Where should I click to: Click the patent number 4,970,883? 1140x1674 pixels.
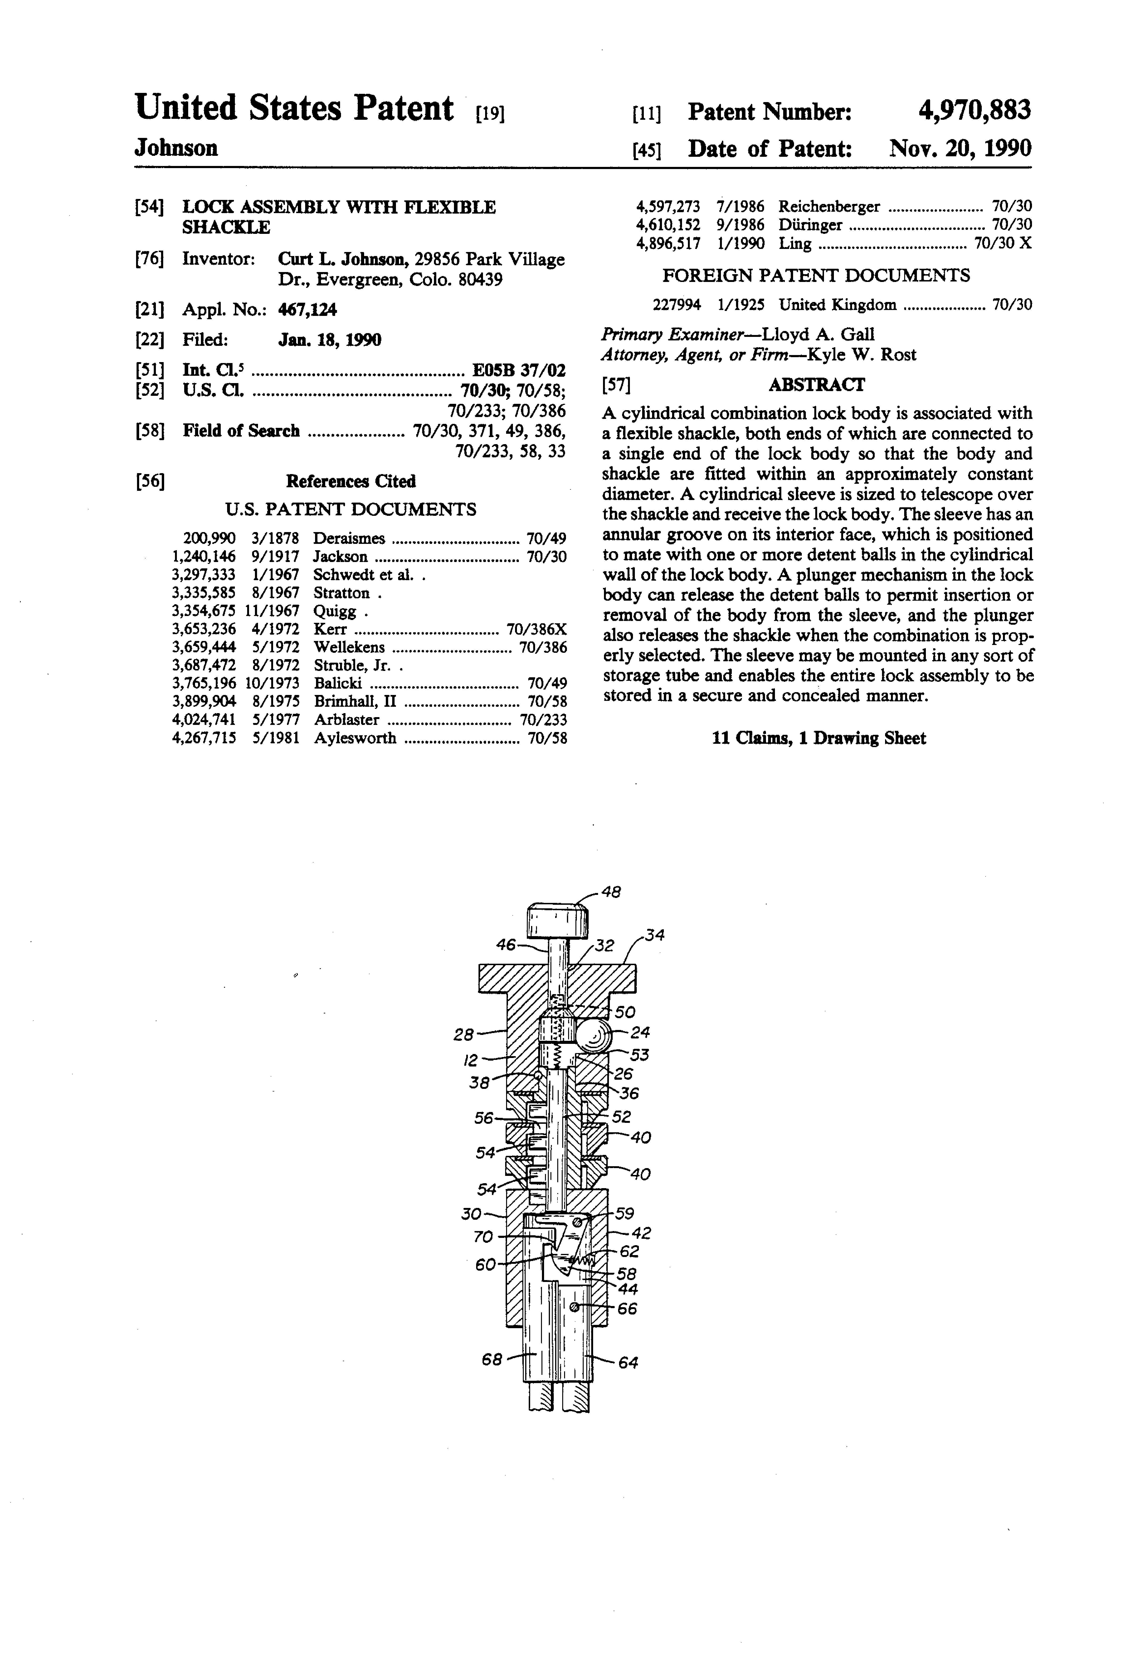pos(974,110)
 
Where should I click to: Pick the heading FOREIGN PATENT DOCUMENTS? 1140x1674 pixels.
pos(816,275)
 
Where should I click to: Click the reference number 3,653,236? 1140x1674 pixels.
pos(204,629)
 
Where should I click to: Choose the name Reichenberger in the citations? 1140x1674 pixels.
pos(829,207)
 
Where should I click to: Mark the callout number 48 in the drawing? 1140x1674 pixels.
pos(611,892)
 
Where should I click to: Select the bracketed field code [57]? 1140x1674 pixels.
pos(616,385)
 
